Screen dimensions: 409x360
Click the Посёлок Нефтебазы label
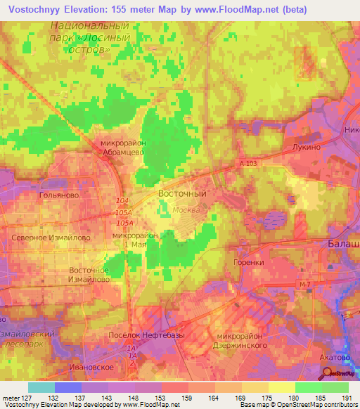coord(146,335)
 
